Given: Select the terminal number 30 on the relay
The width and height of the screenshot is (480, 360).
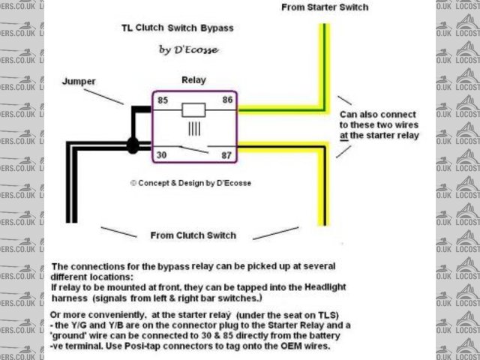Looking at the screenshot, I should [161, 155].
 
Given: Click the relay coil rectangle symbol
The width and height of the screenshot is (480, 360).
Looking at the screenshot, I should [194, 109].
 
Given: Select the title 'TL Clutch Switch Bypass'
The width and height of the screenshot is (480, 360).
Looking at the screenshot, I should [178, 28].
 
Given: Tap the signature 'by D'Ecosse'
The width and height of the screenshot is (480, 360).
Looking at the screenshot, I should [187, 49].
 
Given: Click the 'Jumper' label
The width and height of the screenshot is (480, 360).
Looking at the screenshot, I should [79, 81].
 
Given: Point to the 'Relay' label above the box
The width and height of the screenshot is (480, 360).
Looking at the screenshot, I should [194, 79].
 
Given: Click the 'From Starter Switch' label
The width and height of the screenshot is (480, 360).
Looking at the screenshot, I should [325, 7].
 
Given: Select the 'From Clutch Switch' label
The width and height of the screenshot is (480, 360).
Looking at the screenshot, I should [193, 235].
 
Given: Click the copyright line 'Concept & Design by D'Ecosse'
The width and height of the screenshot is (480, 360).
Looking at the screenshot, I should [190, 182].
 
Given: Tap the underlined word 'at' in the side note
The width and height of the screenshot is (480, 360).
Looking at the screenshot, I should [343, 136].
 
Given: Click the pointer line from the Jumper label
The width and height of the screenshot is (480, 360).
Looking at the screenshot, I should [104, 94].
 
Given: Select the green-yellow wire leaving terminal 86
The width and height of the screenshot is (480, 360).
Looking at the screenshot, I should [277, 109].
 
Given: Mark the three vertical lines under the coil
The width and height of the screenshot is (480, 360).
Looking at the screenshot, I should [194, 128].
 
